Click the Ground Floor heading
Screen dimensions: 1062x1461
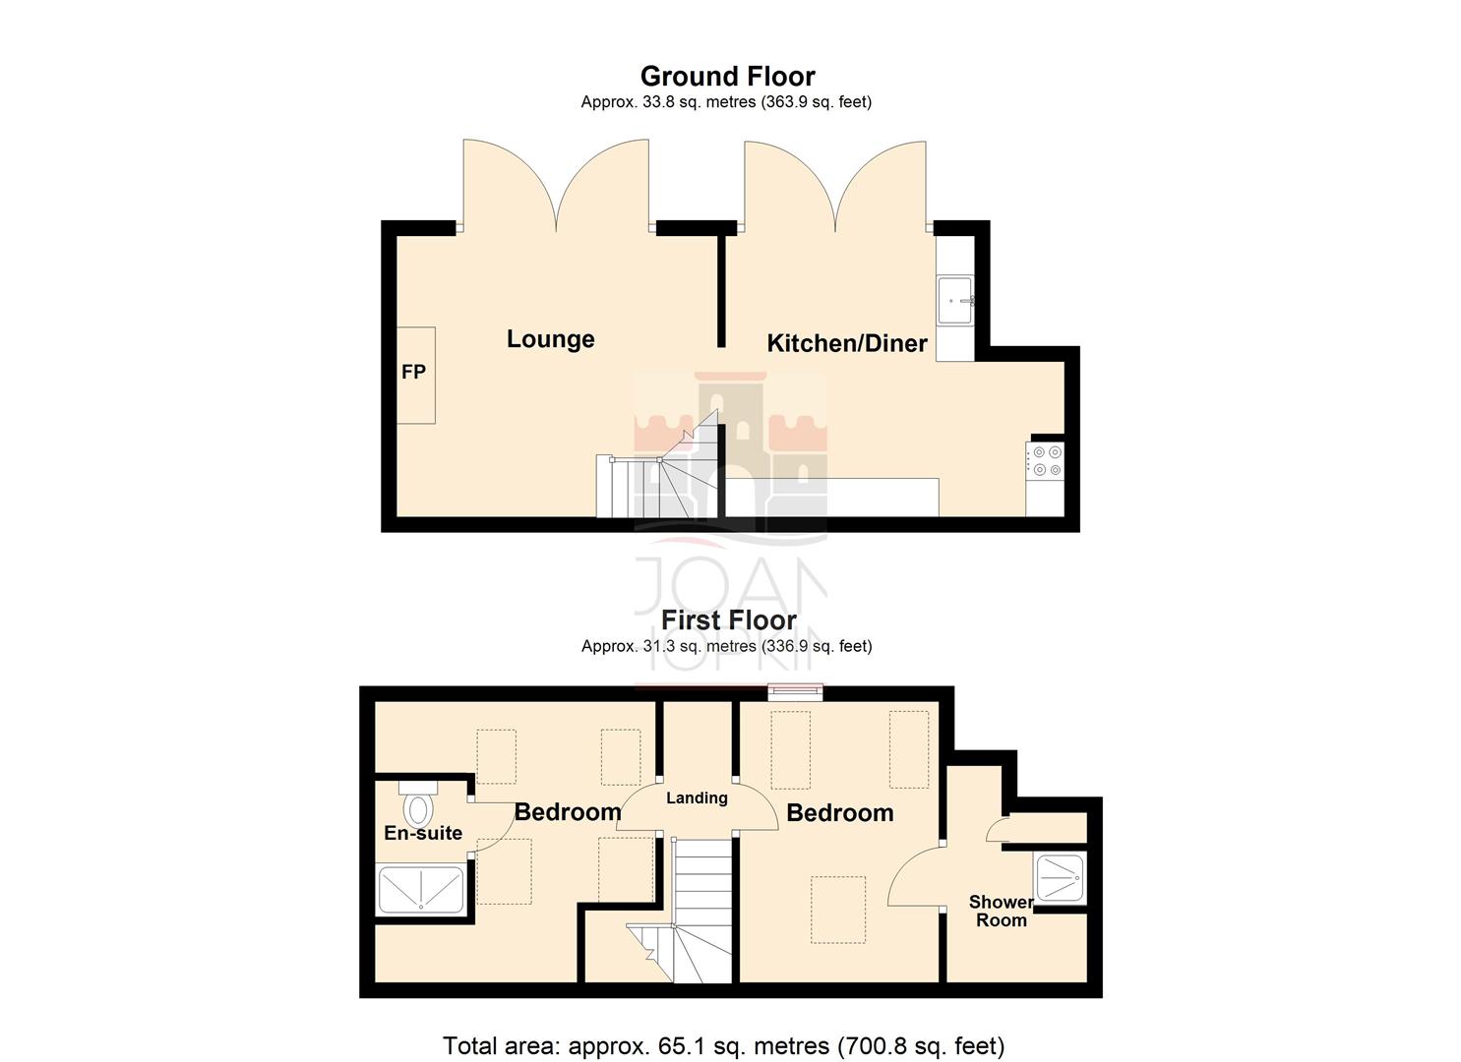(x=727, y=77)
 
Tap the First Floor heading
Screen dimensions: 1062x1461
(x=728, y=620)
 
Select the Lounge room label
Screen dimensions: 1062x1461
(x=550, y=339)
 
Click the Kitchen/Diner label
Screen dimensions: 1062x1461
(x=846, y=343)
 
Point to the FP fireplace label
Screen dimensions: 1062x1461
(x=413, y=372)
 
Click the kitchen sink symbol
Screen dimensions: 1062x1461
(x=954, y=300)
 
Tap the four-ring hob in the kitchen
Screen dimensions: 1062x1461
(x=1046, y=461)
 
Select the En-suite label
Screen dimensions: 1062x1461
(x=423, y=833)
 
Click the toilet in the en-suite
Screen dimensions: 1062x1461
(x=419, y=805)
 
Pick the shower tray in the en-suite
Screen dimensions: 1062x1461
(x=421, y=889)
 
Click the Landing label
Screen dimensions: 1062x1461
(x=697, y=797)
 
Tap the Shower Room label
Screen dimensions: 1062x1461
(x=1001, y=911)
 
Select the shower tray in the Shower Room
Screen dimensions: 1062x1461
(x=1060, y=877)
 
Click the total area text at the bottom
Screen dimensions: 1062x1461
(x=723, y=1045)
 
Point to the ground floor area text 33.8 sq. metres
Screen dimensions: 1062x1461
(x=726, y=102)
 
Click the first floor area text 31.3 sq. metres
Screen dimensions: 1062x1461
(x=726, y=646)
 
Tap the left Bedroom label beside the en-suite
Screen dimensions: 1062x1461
(x=568, y=812)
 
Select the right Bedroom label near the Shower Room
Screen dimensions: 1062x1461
(x=839, y=813)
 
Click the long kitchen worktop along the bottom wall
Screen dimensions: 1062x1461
(x=832, y=497)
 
